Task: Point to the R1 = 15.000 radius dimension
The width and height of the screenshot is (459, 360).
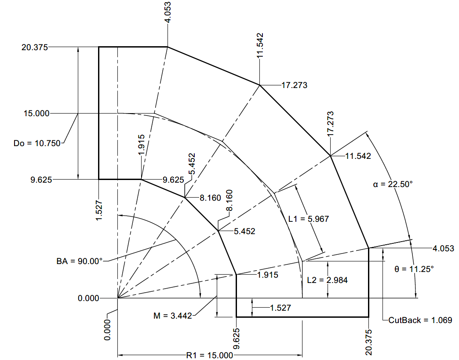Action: pos(209,355)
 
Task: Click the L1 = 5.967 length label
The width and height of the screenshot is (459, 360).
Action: pos(309,218)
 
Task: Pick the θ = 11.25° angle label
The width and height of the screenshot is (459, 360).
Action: pos(414,268)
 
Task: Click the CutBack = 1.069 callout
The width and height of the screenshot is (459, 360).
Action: pos(420,320)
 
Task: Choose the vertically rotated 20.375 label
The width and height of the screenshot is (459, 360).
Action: pos(369,342)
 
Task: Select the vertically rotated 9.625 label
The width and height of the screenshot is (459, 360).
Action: pos(236,338)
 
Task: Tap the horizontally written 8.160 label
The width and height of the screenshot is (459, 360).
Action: pos(210,198)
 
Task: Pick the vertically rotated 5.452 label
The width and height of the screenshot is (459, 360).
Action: pos(192,164)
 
